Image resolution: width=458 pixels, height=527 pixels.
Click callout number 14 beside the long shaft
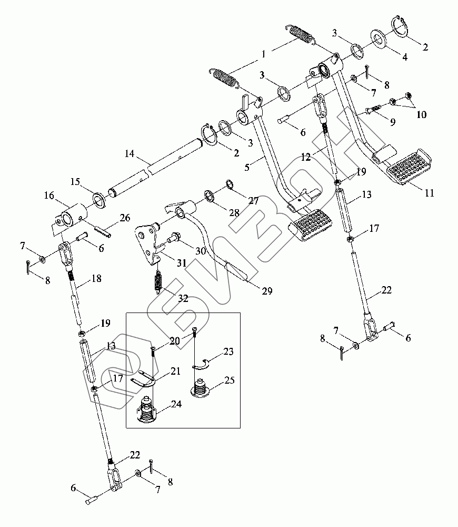[129, 154]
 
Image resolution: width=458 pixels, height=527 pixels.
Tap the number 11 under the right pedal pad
[429, 193]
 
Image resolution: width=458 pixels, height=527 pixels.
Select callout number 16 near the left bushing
[49, 195]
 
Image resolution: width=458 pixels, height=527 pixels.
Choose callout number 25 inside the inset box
[230, 380]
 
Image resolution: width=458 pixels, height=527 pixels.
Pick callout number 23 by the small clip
[228, 352]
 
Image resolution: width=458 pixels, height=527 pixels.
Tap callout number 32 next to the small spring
[183, 298]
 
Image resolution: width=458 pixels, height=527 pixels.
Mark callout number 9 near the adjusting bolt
[393, 121]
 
